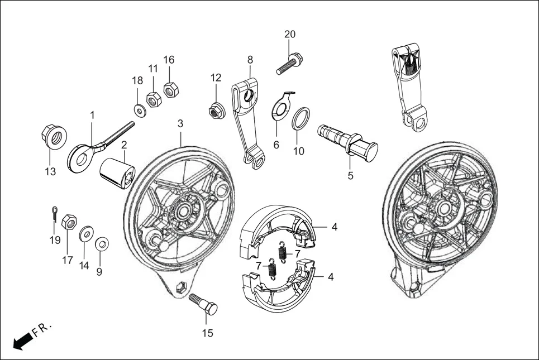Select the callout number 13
pyautogui.click(x=50, y=172)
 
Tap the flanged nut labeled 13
pyautogui.click(x=54, y=136)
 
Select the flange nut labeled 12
pyautogui.click(x=214, y=111)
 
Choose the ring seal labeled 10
pyautogui.click(x=299, y=118)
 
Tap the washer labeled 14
pyautogui.click(x=87, y=233)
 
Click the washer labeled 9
pyautogui.click(x=102, y=244)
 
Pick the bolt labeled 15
pyautogui.click(x=204, y=304)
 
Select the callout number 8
pyautogui.click(x=250, y=59)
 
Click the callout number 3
pyautogui.click(x=180, y=122)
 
